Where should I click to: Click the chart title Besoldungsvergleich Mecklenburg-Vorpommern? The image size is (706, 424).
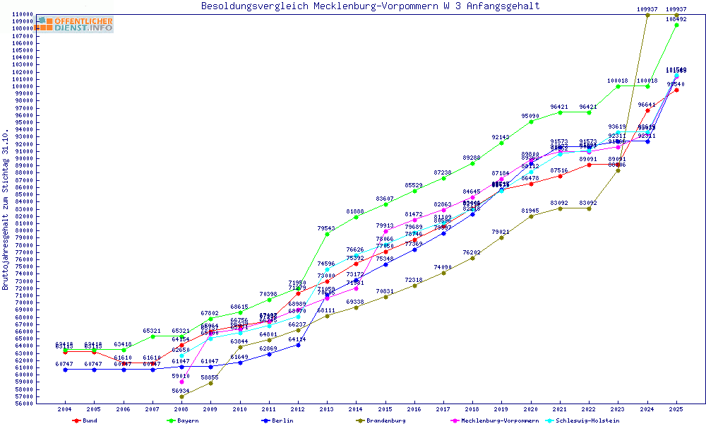click(370, 6)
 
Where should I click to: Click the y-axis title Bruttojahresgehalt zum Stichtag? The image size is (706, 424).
click(6, 210)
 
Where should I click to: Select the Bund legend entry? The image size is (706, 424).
click(85, 420)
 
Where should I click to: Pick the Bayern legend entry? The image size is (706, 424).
click(183, 420)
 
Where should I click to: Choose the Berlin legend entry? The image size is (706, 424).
click(277, 420)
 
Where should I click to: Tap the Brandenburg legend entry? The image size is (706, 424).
click(381, 420)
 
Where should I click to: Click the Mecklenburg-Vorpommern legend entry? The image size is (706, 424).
click(494, 420)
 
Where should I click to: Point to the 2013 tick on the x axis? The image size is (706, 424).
click(327, 409)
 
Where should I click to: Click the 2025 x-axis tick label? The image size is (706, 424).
click(676, 409)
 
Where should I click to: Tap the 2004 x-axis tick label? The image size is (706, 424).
click(65, 409)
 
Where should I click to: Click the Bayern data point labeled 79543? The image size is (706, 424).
click(327, 234)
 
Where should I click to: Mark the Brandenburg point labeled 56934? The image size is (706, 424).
click(181, 396)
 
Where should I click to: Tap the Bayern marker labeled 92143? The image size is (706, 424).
click(501, 143)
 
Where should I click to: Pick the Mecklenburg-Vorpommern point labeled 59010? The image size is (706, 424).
click(181, 382)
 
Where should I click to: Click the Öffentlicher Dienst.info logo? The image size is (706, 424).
click(76, 25)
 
